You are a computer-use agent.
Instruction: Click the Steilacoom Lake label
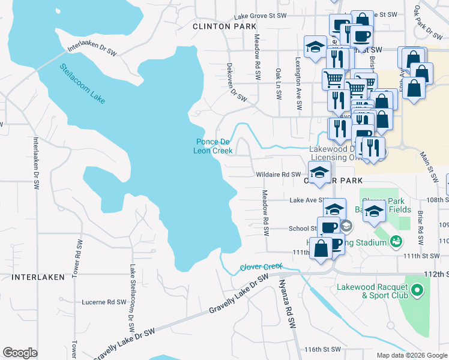82,83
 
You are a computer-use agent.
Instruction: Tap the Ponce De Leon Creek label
212,146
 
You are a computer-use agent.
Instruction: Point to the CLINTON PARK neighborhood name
224,26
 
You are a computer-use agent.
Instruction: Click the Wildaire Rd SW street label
279,174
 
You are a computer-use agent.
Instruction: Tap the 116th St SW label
322,349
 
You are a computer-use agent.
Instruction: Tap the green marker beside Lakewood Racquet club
417,291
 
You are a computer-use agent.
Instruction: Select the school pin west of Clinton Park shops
315,47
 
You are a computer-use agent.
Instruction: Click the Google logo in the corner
20,353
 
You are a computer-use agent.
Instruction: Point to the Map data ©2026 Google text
411,355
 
